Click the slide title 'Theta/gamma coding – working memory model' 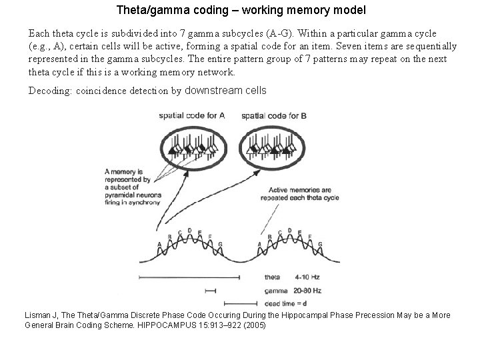[x=241, y=11]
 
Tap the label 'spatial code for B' [x=274, y=115]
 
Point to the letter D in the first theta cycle [x=189, y=231]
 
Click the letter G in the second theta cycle [x=321, y=245]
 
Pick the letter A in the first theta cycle [x=159, y=245]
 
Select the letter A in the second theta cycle [x=259, y=245]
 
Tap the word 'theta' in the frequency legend [x=272, y=278]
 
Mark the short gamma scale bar [x=211, y=290]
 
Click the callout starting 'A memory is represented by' [x=127, y=183]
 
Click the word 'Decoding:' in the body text [x=49, y=91]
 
